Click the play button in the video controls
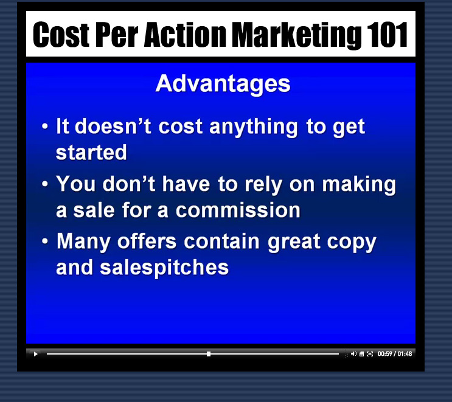35,354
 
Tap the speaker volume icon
353,353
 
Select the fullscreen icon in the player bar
370,354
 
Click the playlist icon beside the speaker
361,354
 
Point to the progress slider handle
209,354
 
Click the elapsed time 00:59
385,353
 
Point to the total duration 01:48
405,353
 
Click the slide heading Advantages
223,83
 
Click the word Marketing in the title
297,35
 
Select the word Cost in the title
61,35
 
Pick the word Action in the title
185,35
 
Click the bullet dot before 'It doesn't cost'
44,126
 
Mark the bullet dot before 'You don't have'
44,184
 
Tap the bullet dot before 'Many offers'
44,241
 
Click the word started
91,152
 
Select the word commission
238,210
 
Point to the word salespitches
164,268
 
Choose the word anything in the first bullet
254,126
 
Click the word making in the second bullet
359,185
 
